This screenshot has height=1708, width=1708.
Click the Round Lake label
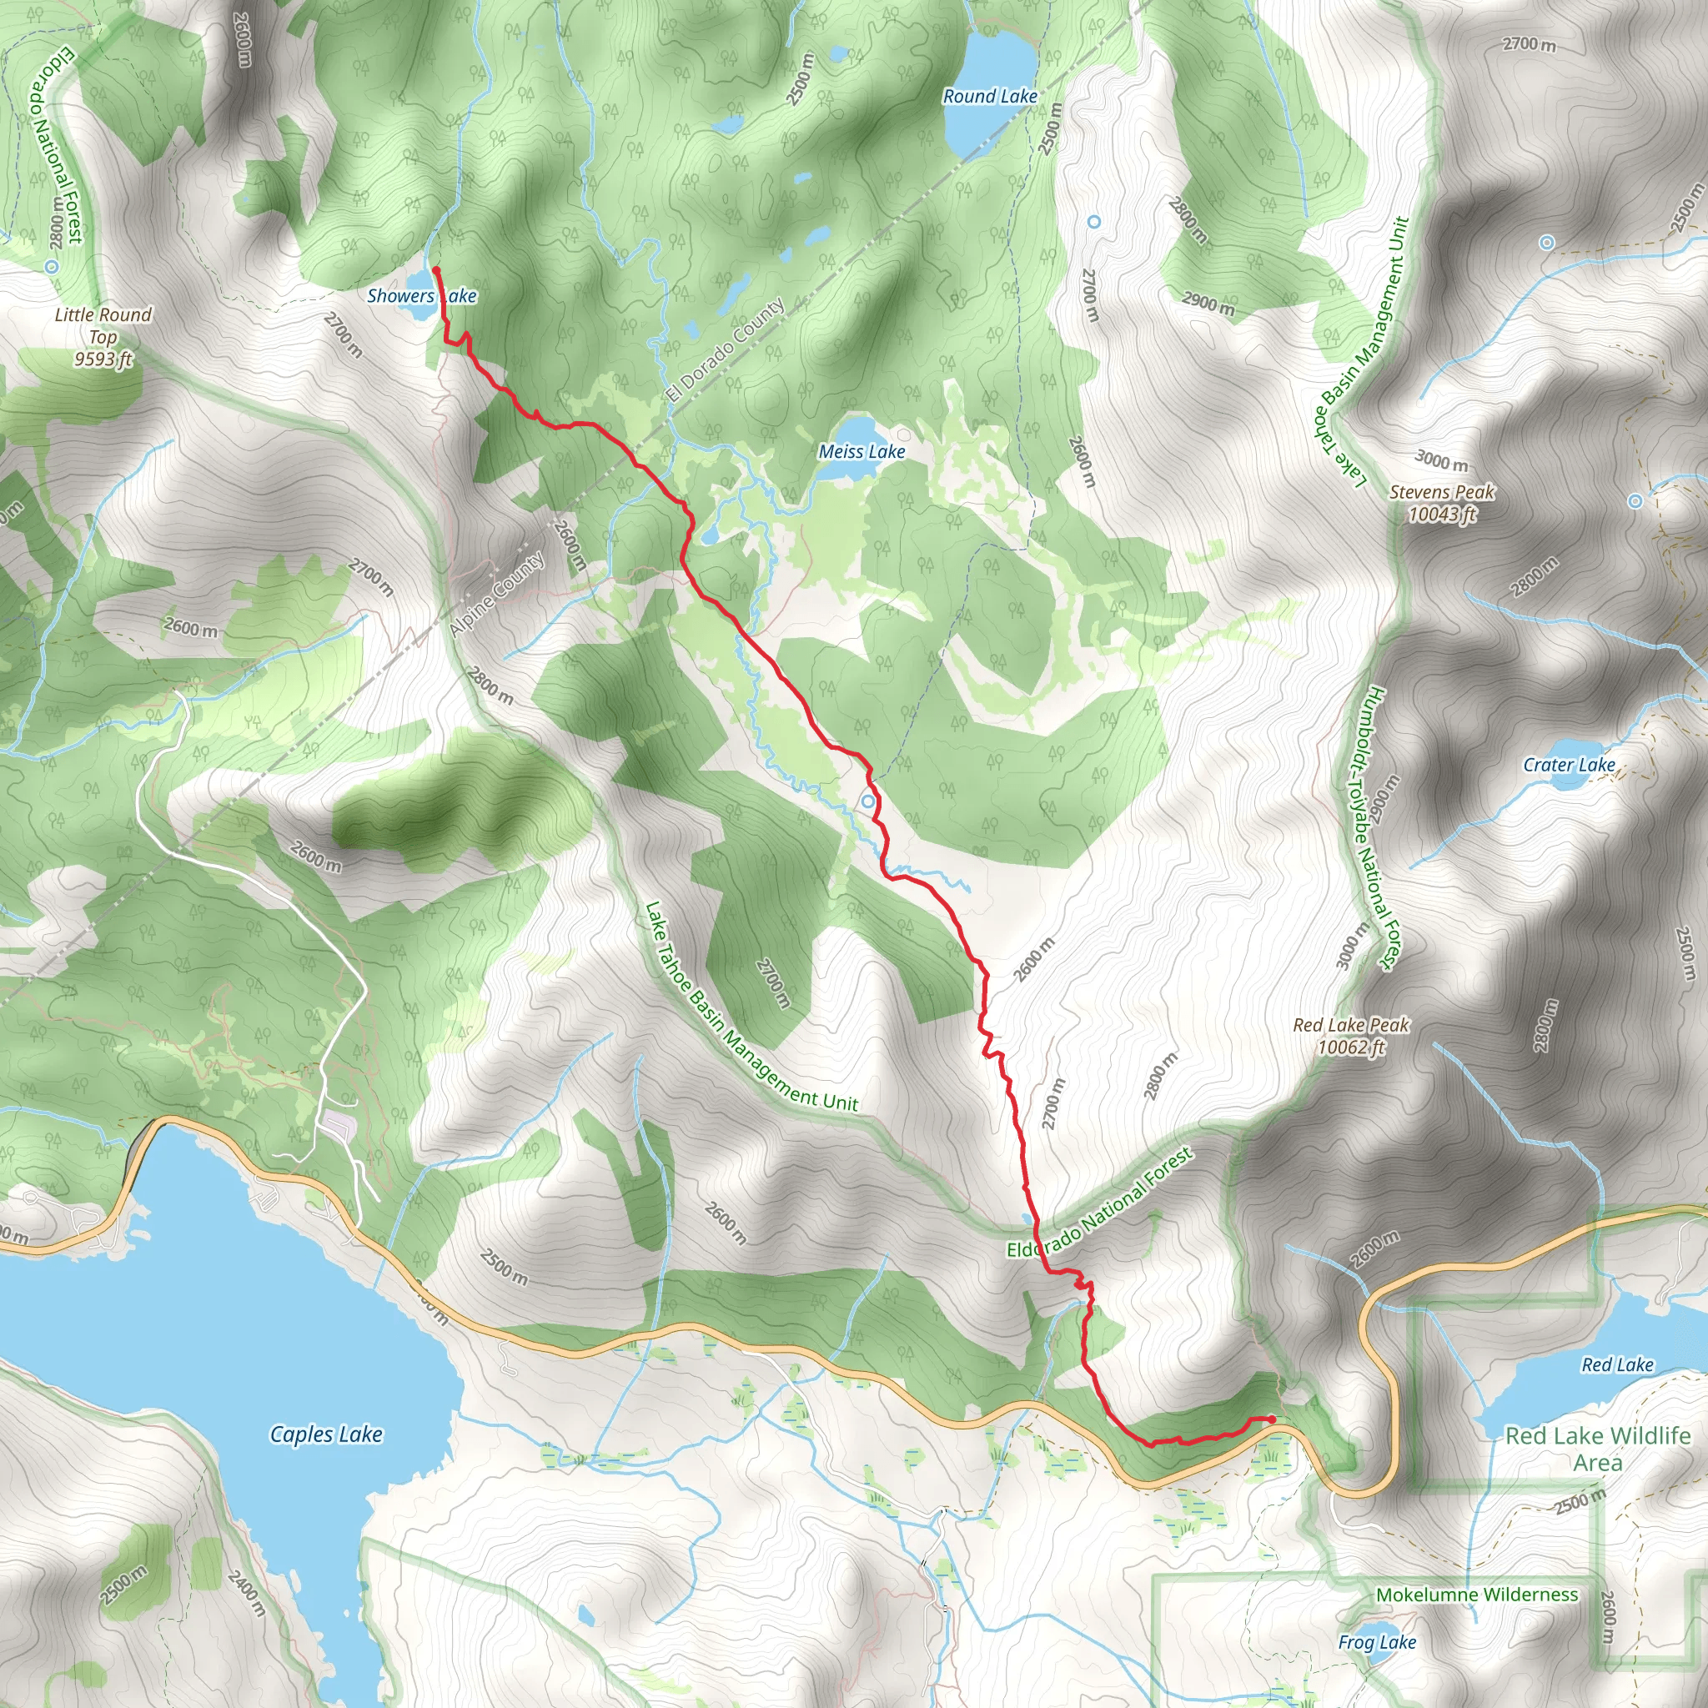989,97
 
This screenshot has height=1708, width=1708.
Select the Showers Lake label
421,296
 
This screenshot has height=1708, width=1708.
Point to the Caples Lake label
326,1434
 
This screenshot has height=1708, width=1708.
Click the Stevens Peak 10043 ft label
1441,503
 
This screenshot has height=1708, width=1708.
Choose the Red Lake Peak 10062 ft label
1351,1036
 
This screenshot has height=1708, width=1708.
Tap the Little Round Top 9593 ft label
103,337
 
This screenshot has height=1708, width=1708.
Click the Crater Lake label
1569,766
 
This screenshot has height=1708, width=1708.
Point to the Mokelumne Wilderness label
1476,1595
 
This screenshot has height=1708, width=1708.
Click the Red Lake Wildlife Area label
1597,1448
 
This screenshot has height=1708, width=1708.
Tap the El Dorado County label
725,350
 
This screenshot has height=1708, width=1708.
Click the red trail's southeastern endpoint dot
1271,1419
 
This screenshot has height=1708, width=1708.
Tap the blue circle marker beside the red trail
868,801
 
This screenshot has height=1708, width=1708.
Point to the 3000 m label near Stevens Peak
1441,460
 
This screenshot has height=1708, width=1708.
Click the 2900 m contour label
1208,304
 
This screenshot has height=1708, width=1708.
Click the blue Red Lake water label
1617,1365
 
